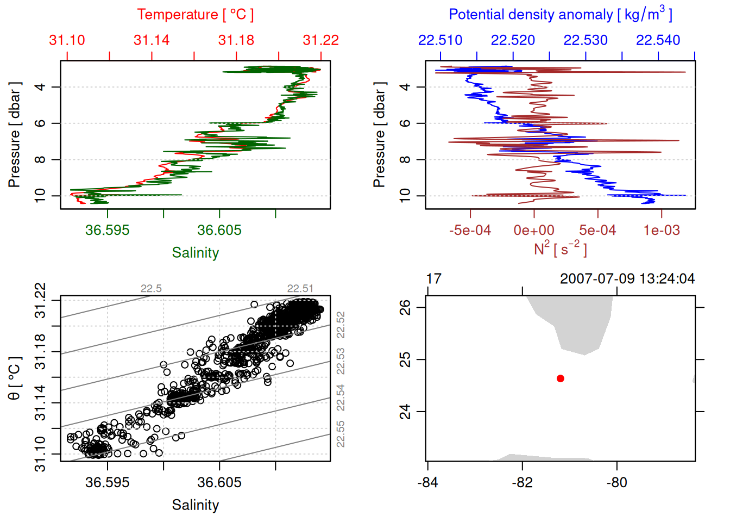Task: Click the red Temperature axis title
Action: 195,15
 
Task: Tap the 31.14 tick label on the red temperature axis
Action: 152,40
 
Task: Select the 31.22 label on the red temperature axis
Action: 320,40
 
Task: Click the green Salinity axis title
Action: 195,253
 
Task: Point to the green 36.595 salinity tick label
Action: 108,230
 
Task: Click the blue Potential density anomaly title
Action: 560,15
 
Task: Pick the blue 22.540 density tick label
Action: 658,40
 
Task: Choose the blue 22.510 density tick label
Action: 440,40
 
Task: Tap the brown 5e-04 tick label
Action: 597,230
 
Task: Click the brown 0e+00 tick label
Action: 534,230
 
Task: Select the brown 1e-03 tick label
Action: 662,230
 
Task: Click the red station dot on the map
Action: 561,378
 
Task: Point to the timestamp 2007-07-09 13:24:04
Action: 627,279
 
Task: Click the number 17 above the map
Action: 433,279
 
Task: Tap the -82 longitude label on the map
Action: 523,482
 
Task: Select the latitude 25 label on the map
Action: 405,359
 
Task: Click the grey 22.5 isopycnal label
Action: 151,289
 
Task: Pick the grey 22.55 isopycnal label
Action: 341,434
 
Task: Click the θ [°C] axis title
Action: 15,378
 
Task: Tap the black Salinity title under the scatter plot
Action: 195,505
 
